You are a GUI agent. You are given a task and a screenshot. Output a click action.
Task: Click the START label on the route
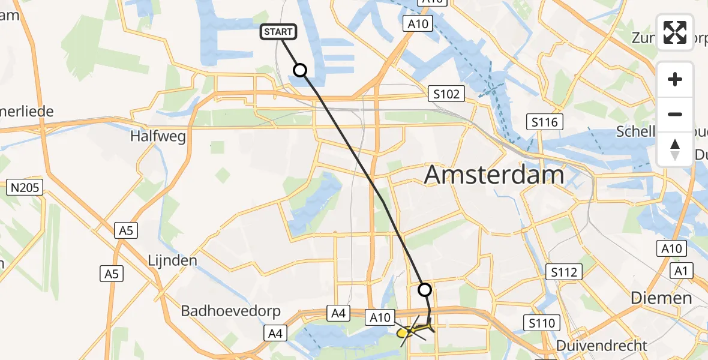tap(278, 31)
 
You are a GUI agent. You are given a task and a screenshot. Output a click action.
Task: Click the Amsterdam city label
tap(494, 175)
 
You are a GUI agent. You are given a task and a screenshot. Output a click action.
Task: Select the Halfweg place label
tap(158, 136)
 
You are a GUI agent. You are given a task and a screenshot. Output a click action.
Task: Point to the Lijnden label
tap(173, 260)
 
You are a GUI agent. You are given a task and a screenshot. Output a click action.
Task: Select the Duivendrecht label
tap(602, 346)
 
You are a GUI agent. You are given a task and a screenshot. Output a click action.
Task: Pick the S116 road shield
tap(544, 122)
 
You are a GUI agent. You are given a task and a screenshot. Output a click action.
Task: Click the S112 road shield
tap(565, 272)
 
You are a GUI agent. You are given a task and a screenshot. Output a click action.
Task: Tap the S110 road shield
tap(541, 324)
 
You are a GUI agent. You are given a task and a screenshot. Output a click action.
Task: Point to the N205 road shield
tap(25, 188)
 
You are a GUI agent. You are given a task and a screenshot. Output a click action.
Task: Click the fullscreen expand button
tap(675, 32)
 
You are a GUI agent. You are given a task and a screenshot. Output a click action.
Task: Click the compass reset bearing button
tap(675, 149)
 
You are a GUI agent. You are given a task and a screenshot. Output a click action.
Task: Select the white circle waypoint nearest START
tap(299, 71)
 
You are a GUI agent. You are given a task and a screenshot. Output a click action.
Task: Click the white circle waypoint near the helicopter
tap(424, 290)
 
